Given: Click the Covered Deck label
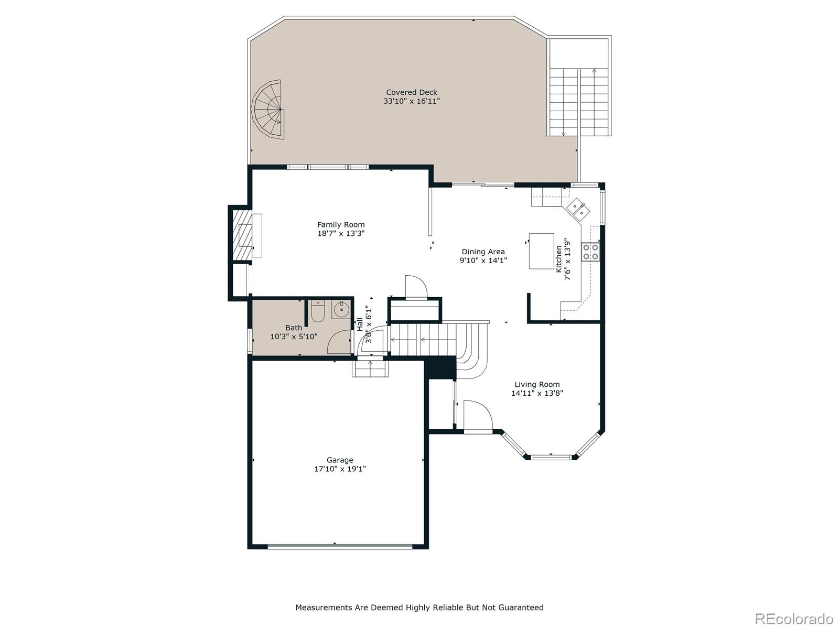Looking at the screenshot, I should click(412, 92).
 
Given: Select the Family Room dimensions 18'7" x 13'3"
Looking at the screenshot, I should click(341, 233).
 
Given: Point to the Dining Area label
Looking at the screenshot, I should click(483, 252).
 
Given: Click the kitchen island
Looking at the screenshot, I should click(542, 251).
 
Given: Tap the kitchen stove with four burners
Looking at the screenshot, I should click(591, 252).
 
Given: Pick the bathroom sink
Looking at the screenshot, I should click(341, 309).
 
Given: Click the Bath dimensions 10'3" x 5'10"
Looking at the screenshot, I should click(294, 337).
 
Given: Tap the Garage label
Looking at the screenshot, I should click(340, 460).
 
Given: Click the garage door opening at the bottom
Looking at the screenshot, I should click(340, 546).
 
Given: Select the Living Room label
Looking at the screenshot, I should click(537, 384).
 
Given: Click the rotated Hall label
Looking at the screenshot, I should click(360, 324).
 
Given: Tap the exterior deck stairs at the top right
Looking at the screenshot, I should click(579, 102).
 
